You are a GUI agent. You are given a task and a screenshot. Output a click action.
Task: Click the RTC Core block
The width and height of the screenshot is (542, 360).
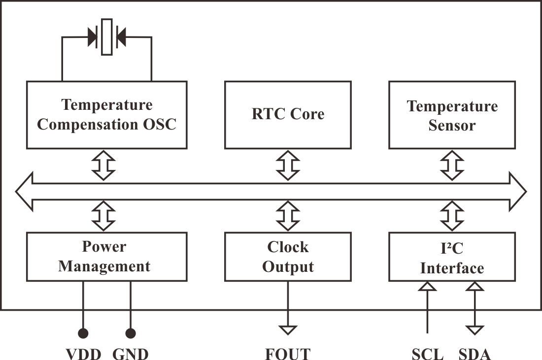288,115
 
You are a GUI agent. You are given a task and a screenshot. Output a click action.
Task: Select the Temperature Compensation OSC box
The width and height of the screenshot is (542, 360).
106,115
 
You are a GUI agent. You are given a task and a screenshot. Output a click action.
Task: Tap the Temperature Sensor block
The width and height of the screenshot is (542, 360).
452,115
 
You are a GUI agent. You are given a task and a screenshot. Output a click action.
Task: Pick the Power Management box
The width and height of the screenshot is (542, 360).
106,257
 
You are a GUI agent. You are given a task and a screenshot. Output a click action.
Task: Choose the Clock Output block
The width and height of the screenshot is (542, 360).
288,257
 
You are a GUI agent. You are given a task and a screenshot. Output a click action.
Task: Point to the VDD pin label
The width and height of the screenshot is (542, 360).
83,354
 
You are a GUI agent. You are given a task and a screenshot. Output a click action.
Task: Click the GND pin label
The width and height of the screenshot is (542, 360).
131,354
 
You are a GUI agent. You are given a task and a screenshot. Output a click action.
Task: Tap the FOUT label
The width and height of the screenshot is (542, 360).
288,354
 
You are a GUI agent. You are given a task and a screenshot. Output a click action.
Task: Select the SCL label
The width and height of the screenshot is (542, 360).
427,354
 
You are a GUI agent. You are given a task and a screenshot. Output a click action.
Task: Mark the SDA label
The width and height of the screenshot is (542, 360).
475,354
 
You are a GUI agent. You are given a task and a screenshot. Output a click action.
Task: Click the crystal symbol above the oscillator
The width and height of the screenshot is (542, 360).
106,36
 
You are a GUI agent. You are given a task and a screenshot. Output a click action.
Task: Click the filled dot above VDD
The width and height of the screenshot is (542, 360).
83,334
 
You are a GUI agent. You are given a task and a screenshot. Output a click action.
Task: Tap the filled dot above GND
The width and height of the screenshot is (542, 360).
131,334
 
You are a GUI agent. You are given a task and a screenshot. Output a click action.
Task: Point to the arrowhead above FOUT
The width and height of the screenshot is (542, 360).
288,329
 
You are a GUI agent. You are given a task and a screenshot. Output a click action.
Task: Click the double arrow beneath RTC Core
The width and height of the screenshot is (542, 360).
288,164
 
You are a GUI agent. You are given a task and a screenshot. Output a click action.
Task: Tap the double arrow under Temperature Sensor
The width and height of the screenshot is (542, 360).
452,164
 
